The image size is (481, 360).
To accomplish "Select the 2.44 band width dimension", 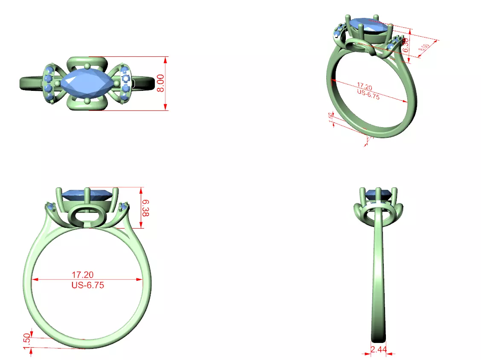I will [379, 349].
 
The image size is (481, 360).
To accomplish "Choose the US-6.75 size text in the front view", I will [87, 285].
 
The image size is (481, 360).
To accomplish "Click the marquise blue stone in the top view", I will [87, 84].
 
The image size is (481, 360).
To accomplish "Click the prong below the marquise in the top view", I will [87, 101].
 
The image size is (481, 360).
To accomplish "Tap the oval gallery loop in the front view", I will [87, 217].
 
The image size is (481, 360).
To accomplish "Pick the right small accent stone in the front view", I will [124, 207].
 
